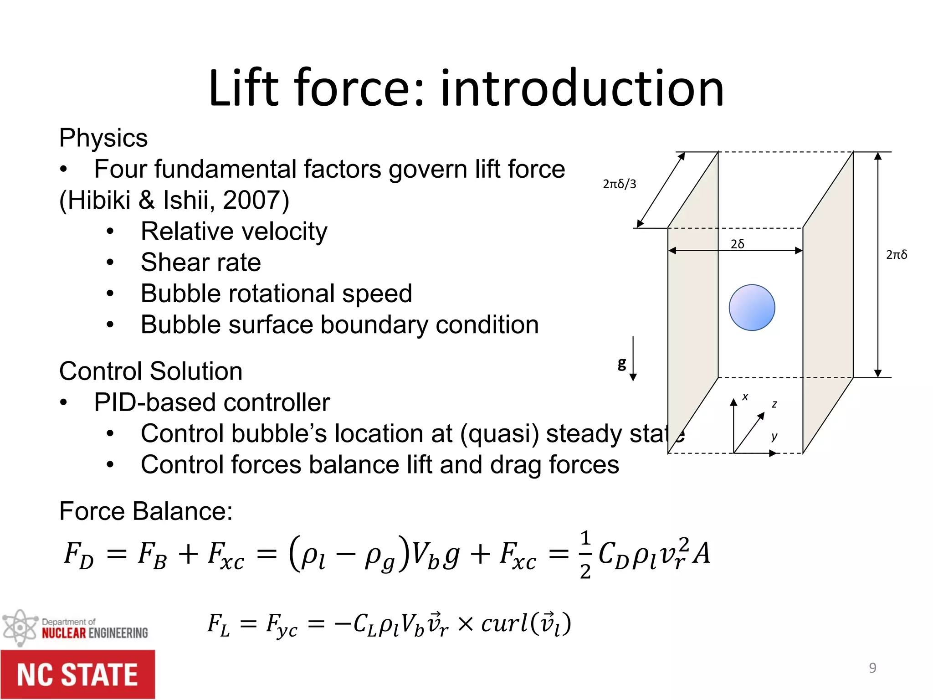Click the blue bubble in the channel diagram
tap(752, 308)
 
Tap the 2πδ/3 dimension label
tap(619, 184)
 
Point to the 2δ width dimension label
tap(738, 244)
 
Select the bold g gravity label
tap(622, 364)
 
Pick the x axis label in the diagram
tap(745, 396)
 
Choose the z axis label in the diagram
tap(774, 404)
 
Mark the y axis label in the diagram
tap(774, 437)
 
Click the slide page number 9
tap(872, 668)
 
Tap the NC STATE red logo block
tap(77, 674)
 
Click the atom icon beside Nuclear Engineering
tap(19, 628)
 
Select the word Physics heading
tap(103, 138)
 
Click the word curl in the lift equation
tap(504, 623)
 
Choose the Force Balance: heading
tap(146, 511)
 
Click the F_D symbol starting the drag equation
tap(79, 555)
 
